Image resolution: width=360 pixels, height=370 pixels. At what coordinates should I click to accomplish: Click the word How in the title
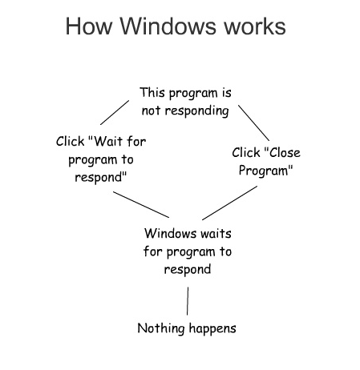pyautogui.click(x=89, y=26)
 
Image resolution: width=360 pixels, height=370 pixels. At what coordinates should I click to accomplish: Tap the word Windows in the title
pyautogui.click(x=168, y=26)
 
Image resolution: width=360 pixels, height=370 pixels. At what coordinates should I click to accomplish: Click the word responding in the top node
pyautogui.click(x=196, y=111)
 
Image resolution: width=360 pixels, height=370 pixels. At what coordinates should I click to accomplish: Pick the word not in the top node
pyautogui.click(x=151, y=111)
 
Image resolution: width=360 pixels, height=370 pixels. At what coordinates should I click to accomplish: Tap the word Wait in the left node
pyautogui.click(x=108, y=141)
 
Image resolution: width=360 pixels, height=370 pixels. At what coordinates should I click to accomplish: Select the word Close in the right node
pyautogui.click(x=285, y=153)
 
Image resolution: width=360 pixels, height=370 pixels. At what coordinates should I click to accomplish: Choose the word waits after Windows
pyautogui.click(x=216, y=234)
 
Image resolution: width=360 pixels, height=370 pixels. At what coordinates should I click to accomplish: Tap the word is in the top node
pyautogui.click(x=226, y=93)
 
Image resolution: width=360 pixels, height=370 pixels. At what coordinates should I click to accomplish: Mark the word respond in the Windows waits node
pyautogui.click(x=188, y=270)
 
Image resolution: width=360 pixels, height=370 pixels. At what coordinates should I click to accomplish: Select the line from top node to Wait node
pyautogui.click(x=115, y=112)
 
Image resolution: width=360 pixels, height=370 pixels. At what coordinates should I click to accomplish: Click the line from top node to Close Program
pyautogui.click(x=254, y=123)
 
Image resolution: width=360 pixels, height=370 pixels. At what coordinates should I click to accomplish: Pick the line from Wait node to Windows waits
pyautogui.click(x=141, y=204)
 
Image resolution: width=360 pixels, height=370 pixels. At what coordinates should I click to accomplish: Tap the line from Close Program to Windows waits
pyautogui.click(x=230, y=203)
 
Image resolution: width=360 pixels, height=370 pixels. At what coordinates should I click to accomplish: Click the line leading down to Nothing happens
pyautogui.click(x=188, y=301)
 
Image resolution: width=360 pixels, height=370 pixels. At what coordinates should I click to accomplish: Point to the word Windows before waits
pyautogui.click(x=171, y=233)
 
